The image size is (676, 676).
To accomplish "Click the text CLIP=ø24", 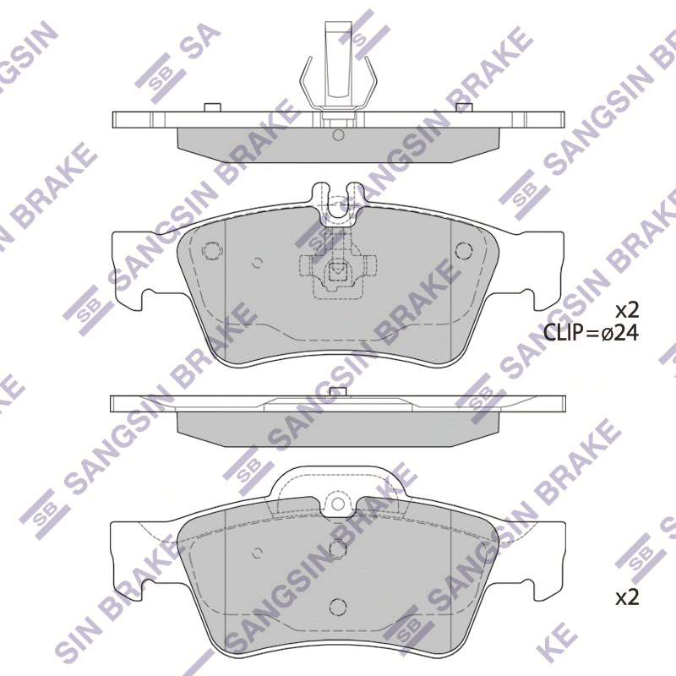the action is point(590,333).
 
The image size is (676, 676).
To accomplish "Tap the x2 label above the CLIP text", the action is point(627,310).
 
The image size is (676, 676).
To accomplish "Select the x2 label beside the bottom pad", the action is point(627,597).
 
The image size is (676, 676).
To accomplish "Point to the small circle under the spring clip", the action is point(339,135).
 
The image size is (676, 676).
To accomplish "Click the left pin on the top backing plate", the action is point(212,107).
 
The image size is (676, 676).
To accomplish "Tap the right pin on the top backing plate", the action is point(465,107).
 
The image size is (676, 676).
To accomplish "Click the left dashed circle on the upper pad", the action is point(212,250).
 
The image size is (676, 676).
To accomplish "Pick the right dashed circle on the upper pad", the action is point(464,250).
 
